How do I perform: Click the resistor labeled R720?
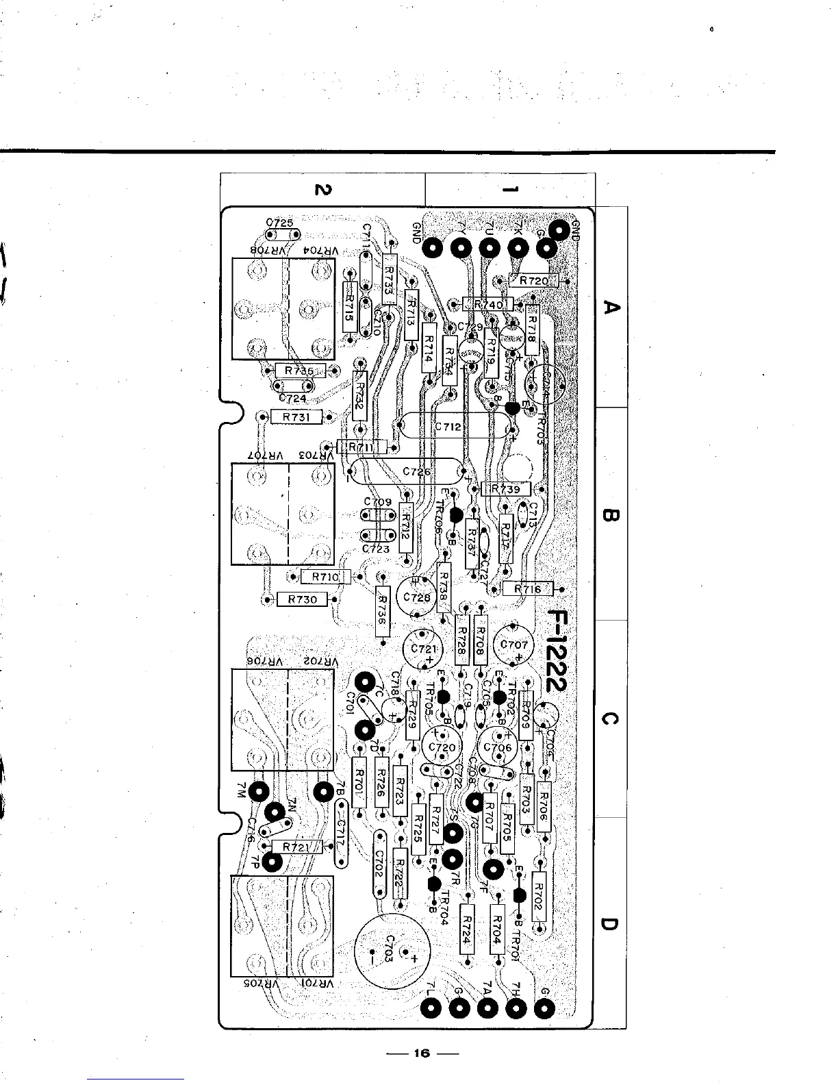click(534, 280)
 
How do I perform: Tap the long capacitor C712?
click(448, 427)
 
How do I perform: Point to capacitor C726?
click(416, 471)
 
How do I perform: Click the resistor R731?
click(296, 416)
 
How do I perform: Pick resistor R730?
click(302, 599)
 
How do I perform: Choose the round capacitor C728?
click(416, 597)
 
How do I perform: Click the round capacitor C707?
click(514, 645)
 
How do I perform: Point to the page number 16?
click(420, 1053)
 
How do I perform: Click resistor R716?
click(528, 588)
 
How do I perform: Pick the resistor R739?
click(506, 488)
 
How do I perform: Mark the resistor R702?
click(538, 897)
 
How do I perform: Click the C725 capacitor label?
click(279, 223)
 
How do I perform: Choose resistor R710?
click(325, 577)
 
